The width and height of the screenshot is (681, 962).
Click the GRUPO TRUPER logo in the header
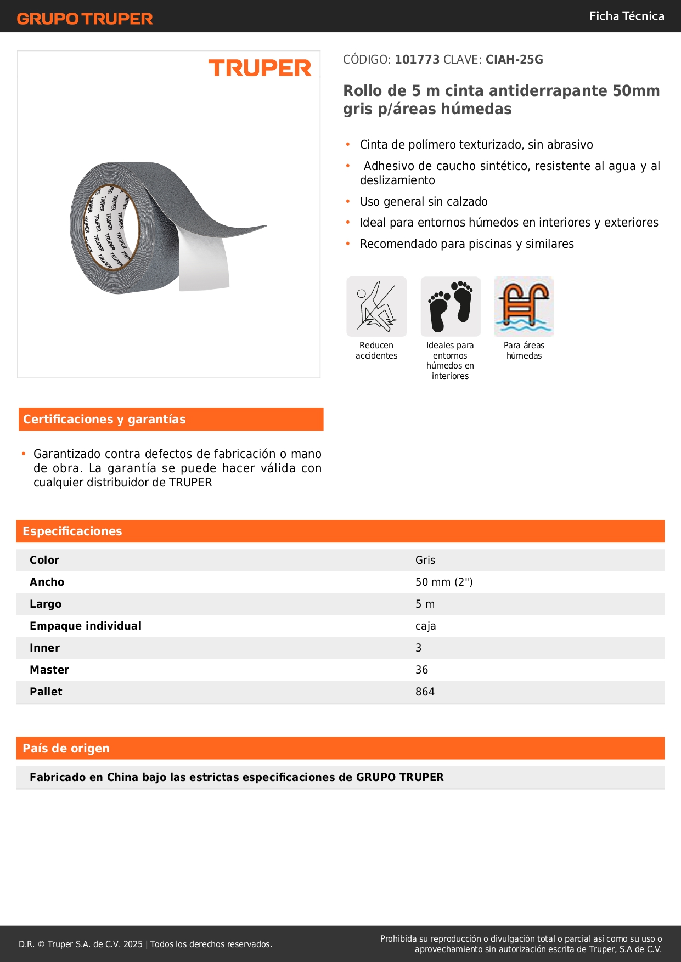click(85, 19)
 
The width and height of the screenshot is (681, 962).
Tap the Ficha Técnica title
click(626, 16)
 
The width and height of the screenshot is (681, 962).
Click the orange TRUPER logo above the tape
click(260, 68)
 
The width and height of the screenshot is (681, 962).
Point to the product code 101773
click(417, 60)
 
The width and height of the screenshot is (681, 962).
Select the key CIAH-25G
click(514, 60)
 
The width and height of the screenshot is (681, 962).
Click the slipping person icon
click(376, 307)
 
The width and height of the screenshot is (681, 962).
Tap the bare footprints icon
click(451, 307)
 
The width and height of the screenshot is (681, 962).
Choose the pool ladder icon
click(524, 307)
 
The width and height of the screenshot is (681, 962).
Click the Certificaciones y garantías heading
click(104, 420)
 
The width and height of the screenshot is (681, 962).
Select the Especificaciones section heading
click(72, 531)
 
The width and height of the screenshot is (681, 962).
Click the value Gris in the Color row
click(425, 560)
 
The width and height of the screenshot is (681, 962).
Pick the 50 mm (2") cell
click(444, 582)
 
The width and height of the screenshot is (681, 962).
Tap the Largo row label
click(46, 604)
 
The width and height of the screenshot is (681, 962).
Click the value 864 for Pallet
click(425, 692)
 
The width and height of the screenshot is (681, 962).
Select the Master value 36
click(421, 670)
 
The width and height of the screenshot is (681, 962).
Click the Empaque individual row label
click(86, 626)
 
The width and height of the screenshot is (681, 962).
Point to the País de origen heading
click(66, 749)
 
